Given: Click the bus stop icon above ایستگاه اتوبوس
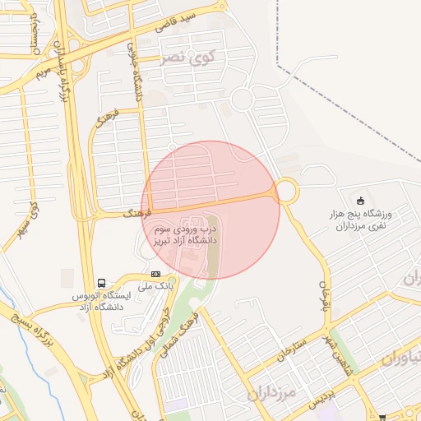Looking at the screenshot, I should pos(101,281).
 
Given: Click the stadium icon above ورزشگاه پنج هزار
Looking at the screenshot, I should pos(359,201).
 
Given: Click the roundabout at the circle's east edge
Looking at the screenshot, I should pos(286,192).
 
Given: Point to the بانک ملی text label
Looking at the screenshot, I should pos(135,287).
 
